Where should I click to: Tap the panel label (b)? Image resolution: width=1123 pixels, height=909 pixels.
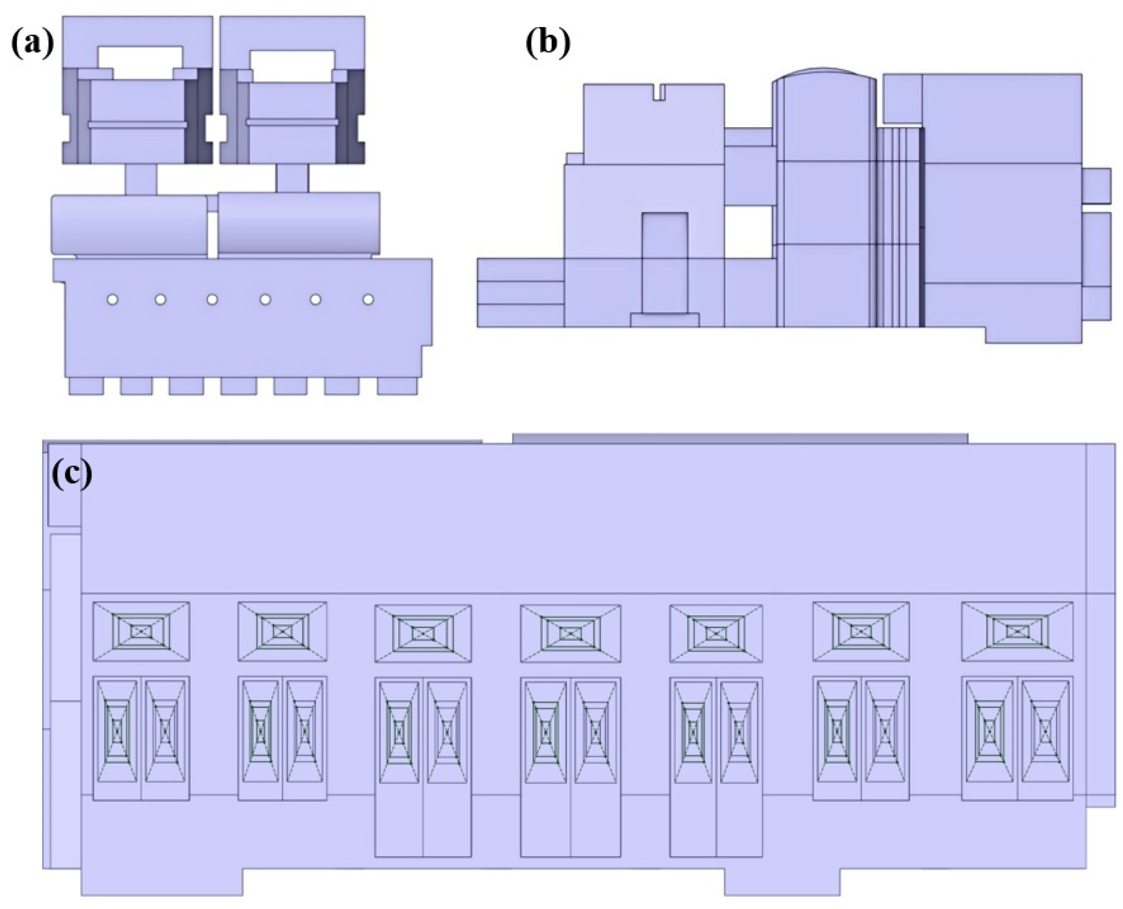click(547, 43)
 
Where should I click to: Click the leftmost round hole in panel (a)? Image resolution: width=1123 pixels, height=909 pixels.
click(112, 299)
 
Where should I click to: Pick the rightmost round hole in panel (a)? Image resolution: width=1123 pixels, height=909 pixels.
click(368, 299)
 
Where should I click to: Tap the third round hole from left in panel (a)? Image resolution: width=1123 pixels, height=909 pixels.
click(212, 299)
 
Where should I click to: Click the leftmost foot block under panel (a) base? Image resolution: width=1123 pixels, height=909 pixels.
click(86, 386)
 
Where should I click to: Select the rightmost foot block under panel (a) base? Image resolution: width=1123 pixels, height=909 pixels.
click(397, 386)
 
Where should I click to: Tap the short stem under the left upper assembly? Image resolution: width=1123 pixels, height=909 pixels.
click(141, 179)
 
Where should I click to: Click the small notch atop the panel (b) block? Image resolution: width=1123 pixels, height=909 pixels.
click(659, 91)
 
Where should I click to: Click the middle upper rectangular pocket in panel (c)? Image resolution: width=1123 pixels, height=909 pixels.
click(570, 632)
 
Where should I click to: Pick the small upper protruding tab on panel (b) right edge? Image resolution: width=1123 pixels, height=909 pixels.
click(1096, 185)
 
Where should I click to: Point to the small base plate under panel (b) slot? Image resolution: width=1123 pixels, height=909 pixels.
click(665, 320)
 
